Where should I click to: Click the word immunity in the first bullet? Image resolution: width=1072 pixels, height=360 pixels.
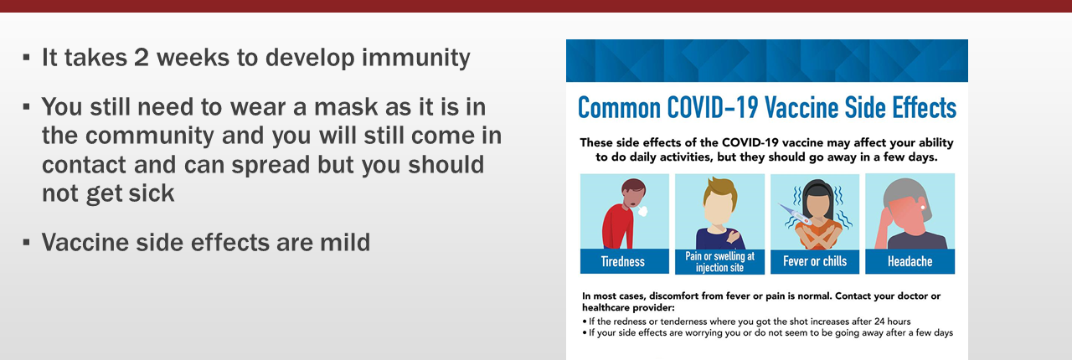click(416, 59)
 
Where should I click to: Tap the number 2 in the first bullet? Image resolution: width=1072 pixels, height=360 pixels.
click(142, 57)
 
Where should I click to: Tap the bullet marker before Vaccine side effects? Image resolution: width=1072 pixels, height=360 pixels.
click(26, 242)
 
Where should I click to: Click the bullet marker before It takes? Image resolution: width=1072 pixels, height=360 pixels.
click(26, 58)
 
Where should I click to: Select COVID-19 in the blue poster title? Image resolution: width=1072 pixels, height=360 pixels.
click(713, 107)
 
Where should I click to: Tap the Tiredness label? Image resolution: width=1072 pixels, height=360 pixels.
click(623, 261)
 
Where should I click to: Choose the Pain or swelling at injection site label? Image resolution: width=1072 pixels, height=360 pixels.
click(719, 262)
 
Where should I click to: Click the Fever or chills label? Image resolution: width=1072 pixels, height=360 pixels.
click(815, 261)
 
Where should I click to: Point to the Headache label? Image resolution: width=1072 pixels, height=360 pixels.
click(910, 261)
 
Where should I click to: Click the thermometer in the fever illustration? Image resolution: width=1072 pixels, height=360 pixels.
click(795, 214)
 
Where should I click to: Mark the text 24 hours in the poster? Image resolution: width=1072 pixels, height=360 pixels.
click(893, 321)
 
